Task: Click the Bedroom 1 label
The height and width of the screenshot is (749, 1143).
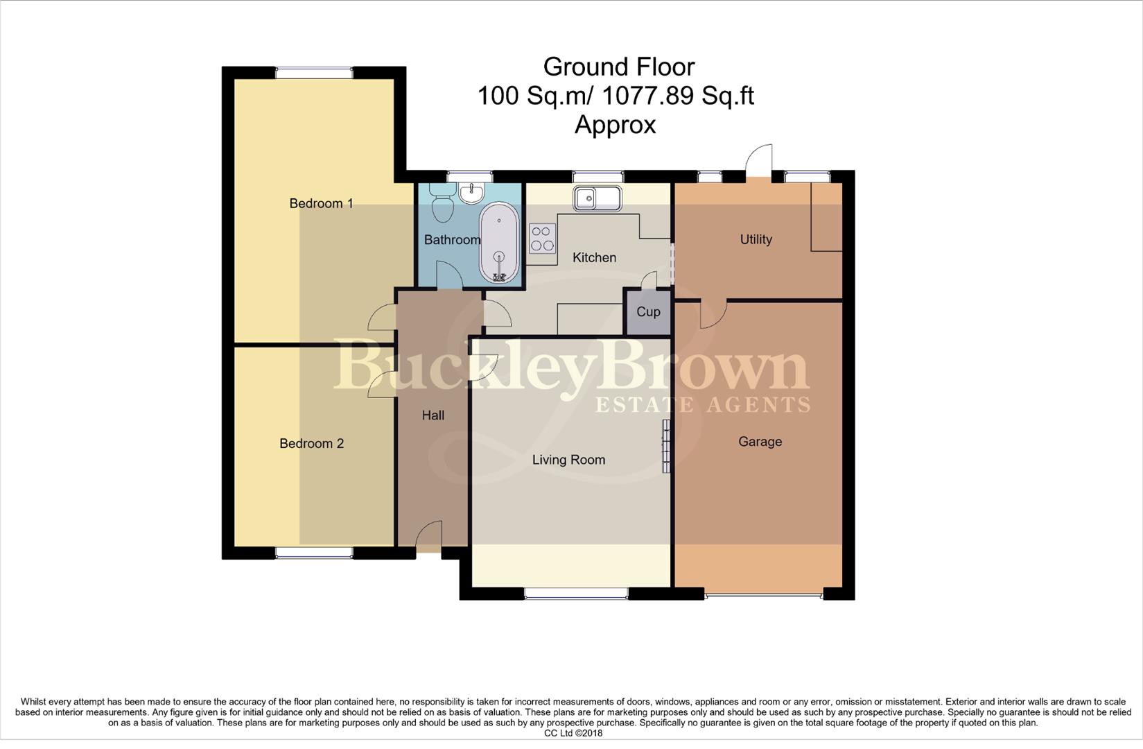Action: click(321, 203)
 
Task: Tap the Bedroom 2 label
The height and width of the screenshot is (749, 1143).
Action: click(311, 443)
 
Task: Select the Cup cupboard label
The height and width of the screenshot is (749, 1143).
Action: click(648, 311)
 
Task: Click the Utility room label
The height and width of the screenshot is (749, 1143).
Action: click(756, 239)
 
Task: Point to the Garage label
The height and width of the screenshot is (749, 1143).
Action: click(760, 441)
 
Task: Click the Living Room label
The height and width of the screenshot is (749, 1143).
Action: click(568, 459)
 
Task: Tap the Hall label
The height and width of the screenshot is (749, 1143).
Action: click(433, 415)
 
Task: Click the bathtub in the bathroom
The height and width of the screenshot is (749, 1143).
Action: click(498, 243)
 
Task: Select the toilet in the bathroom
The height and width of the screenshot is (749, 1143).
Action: click(441, 201)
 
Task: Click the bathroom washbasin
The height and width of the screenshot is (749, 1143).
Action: click(473, 193)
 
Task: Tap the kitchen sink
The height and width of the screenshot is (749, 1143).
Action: click(597, 198)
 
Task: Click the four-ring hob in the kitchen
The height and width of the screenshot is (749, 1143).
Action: click(542, 238)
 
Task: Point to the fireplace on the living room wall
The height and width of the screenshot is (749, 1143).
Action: click(666, 446)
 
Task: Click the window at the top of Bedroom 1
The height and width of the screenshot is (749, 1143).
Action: click(314, 72)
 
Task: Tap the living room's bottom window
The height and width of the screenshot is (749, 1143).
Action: click(576, 593)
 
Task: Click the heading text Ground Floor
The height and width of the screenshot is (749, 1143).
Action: click(618, 67)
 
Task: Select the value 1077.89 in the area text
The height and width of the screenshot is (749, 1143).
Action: click(647, 96)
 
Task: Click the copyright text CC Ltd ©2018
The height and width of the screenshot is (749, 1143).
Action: click(573, 733)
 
